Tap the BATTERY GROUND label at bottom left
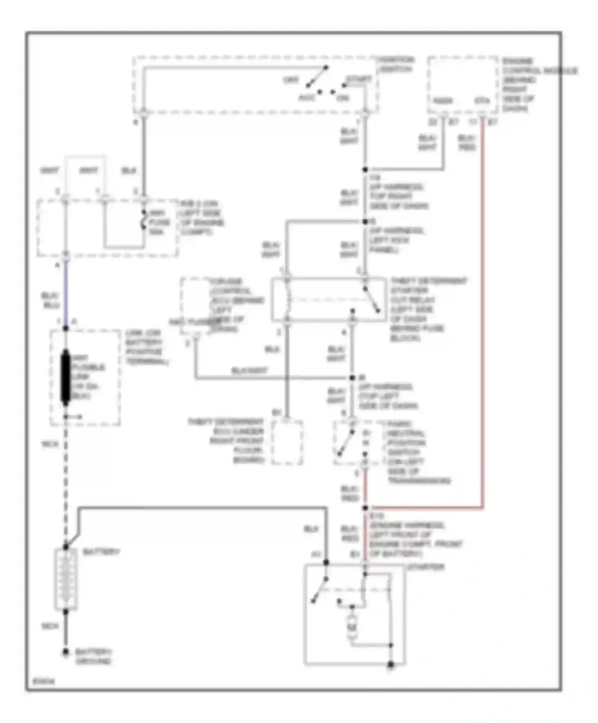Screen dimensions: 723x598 tap(93, 657)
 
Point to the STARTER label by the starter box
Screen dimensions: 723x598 tap(426, 567)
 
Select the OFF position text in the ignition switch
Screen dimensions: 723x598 tap(291, 80)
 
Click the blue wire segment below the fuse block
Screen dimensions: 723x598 tap(65, 295)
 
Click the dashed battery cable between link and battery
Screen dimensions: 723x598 tap(65, 478)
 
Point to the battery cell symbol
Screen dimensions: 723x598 tap(65, 580)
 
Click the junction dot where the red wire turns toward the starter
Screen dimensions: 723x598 tap(365, 508)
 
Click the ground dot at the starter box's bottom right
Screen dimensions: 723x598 tap(391, 665)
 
